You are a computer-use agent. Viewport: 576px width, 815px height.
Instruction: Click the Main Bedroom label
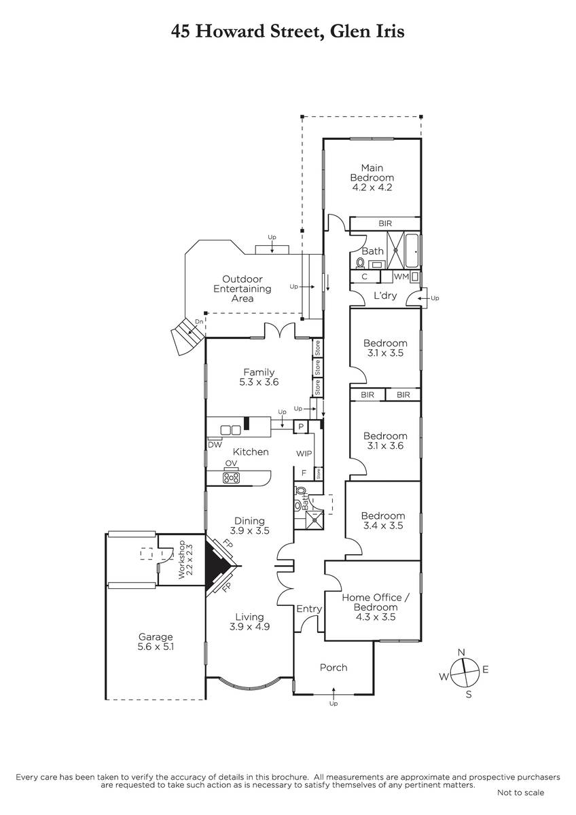372,177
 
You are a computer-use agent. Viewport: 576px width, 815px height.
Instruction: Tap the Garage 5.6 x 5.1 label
156,641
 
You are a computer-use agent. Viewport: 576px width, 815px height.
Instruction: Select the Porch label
334,667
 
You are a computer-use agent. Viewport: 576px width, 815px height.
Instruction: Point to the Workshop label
185,560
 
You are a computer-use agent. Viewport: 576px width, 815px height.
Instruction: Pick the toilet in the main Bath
360,263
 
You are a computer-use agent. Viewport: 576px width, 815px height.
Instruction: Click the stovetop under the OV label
231,477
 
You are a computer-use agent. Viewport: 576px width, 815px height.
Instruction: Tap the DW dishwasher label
215,445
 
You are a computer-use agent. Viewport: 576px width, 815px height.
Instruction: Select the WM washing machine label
401,276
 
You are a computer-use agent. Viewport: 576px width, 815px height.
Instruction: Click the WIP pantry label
304,454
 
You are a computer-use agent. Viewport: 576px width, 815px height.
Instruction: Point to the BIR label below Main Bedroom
385,223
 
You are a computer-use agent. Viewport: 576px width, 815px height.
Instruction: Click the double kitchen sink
231,430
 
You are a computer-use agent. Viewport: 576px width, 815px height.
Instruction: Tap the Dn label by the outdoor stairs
199,322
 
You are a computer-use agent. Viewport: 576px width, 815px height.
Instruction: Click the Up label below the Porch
334,704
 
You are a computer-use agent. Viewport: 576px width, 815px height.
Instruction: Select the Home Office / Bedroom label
376,607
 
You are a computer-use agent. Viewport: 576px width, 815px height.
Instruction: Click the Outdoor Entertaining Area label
242,289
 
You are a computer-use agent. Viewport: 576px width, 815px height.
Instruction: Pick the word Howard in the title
230,31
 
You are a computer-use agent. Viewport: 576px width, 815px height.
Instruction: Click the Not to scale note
521,792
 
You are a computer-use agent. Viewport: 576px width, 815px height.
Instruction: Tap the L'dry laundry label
385,295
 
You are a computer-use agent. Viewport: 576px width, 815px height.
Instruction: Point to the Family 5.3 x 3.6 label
259,377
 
